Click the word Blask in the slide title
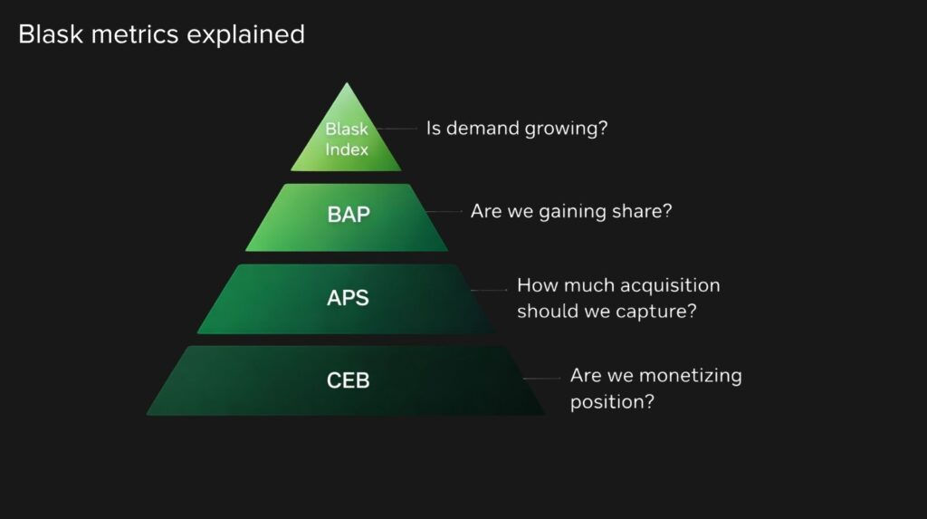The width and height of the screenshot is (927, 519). tap(51, 34)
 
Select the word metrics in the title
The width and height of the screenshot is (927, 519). tap(135, 34)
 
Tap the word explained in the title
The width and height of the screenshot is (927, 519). tap(246, 35)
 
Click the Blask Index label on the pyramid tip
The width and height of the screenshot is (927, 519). tap(347, 139)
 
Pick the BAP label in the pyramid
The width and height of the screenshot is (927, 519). tap(349, 215)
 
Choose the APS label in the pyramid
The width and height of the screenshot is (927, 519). tap(348, 298)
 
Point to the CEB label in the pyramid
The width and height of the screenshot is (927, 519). tap(349, 380)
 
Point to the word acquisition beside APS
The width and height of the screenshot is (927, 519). tap(671, 286)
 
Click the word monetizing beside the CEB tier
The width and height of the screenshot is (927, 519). tap(690, 377)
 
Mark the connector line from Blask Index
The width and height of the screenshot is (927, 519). tap(397, 129)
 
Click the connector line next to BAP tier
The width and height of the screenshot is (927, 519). tap(444, 211)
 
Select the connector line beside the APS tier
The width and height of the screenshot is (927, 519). tap(489, 290)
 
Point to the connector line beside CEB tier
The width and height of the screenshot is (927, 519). tap(541, 378)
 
